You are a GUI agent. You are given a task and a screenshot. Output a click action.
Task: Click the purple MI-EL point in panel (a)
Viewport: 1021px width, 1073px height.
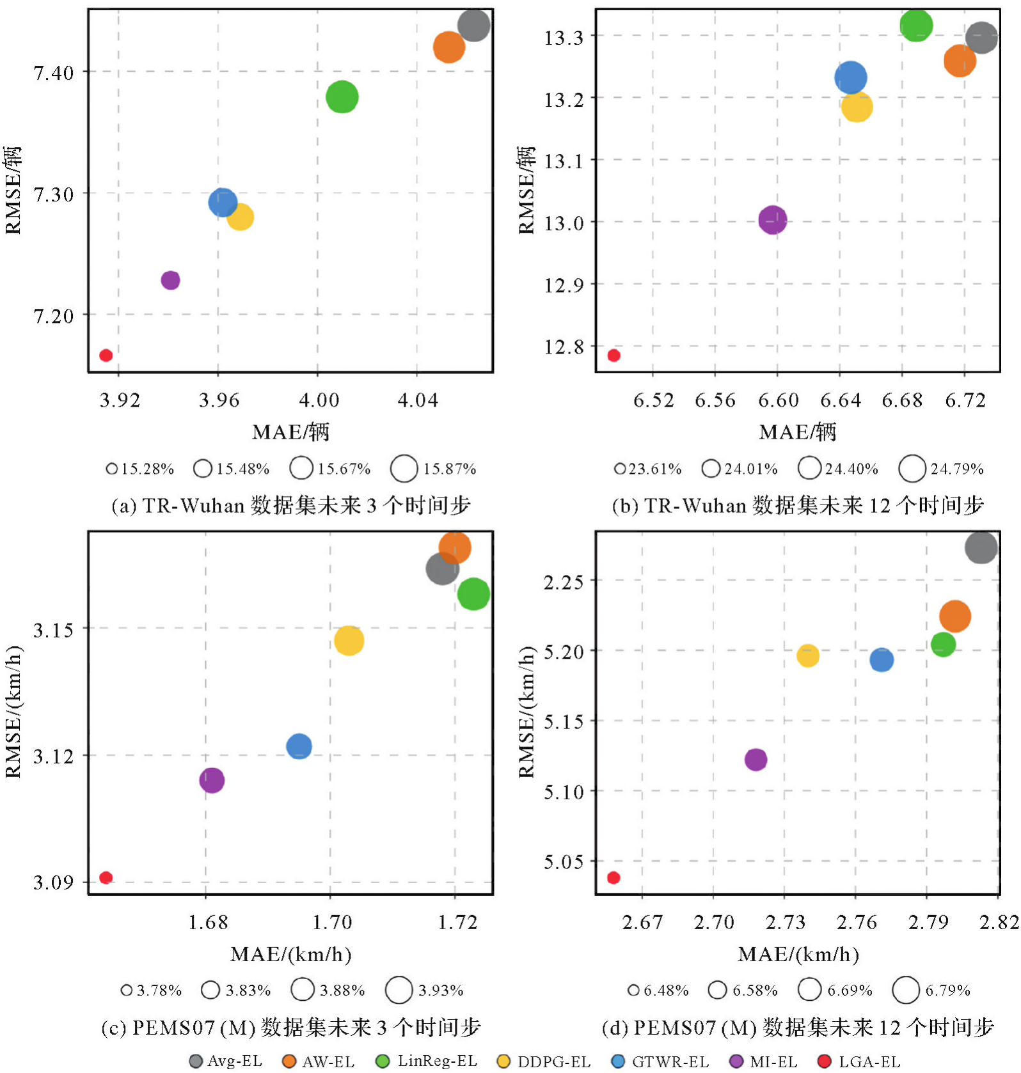pyautogui.click(x=170, y=280)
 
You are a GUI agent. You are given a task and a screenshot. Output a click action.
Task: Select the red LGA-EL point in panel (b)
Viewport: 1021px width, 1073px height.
pyautogui.click(x=613, y=356)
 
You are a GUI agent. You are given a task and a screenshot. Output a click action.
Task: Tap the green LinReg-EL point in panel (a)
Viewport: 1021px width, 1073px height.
pyautogui.click(x=342, y=97)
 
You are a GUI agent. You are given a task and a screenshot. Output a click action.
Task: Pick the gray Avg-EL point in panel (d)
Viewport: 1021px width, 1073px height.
pyautogui.click(x=981, y=547)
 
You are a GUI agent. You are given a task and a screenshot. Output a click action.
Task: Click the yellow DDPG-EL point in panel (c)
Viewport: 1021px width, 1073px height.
pyautogui.click(x=349, y=640)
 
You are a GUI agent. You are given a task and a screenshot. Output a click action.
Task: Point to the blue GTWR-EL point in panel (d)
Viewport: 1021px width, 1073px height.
pyautogui.click(x=882, y=659)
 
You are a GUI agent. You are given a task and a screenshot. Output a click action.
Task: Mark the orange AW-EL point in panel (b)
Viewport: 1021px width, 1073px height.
pyautogui.click(x=960, y=61)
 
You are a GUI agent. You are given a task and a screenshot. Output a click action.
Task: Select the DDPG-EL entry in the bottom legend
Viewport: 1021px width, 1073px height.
pyautogui.click(x=544, y=1061)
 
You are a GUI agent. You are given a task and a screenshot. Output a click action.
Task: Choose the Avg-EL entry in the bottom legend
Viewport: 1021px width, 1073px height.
pyautogui.click(x=226, y=1061)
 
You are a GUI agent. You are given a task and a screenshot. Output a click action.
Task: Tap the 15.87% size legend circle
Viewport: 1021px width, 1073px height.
pyautogui.click(x=404, y=469)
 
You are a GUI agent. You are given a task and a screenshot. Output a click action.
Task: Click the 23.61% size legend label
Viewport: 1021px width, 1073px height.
pyautogui.click(x=655, y=469)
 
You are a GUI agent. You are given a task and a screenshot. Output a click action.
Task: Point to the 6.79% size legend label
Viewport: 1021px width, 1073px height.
pyautogui.click(x=947, y=991)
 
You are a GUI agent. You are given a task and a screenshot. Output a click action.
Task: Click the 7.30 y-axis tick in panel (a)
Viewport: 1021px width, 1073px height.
pyautogui.click(x=53, y=194)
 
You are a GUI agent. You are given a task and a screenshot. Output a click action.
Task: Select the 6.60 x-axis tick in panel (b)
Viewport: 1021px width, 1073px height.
pyautogui.click(x=778, y=401)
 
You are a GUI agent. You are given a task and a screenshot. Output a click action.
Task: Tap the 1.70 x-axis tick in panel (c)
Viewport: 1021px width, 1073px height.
pyautogui.click(x=332, y=923)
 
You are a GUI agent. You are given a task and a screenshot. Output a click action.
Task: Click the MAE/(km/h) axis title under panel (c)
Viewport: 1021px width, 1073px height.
pyautogui.click(x=291, y=955)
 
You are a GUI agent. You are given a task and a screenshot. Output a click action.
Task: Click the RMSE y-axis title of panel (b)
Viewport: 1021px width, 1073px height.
pyautogui.click(x=526, y=190)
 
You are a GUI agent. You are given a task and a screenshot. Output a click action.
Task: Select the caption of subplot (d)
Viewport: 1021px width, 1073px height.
pyautogui.click(x=798, y=1028)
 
